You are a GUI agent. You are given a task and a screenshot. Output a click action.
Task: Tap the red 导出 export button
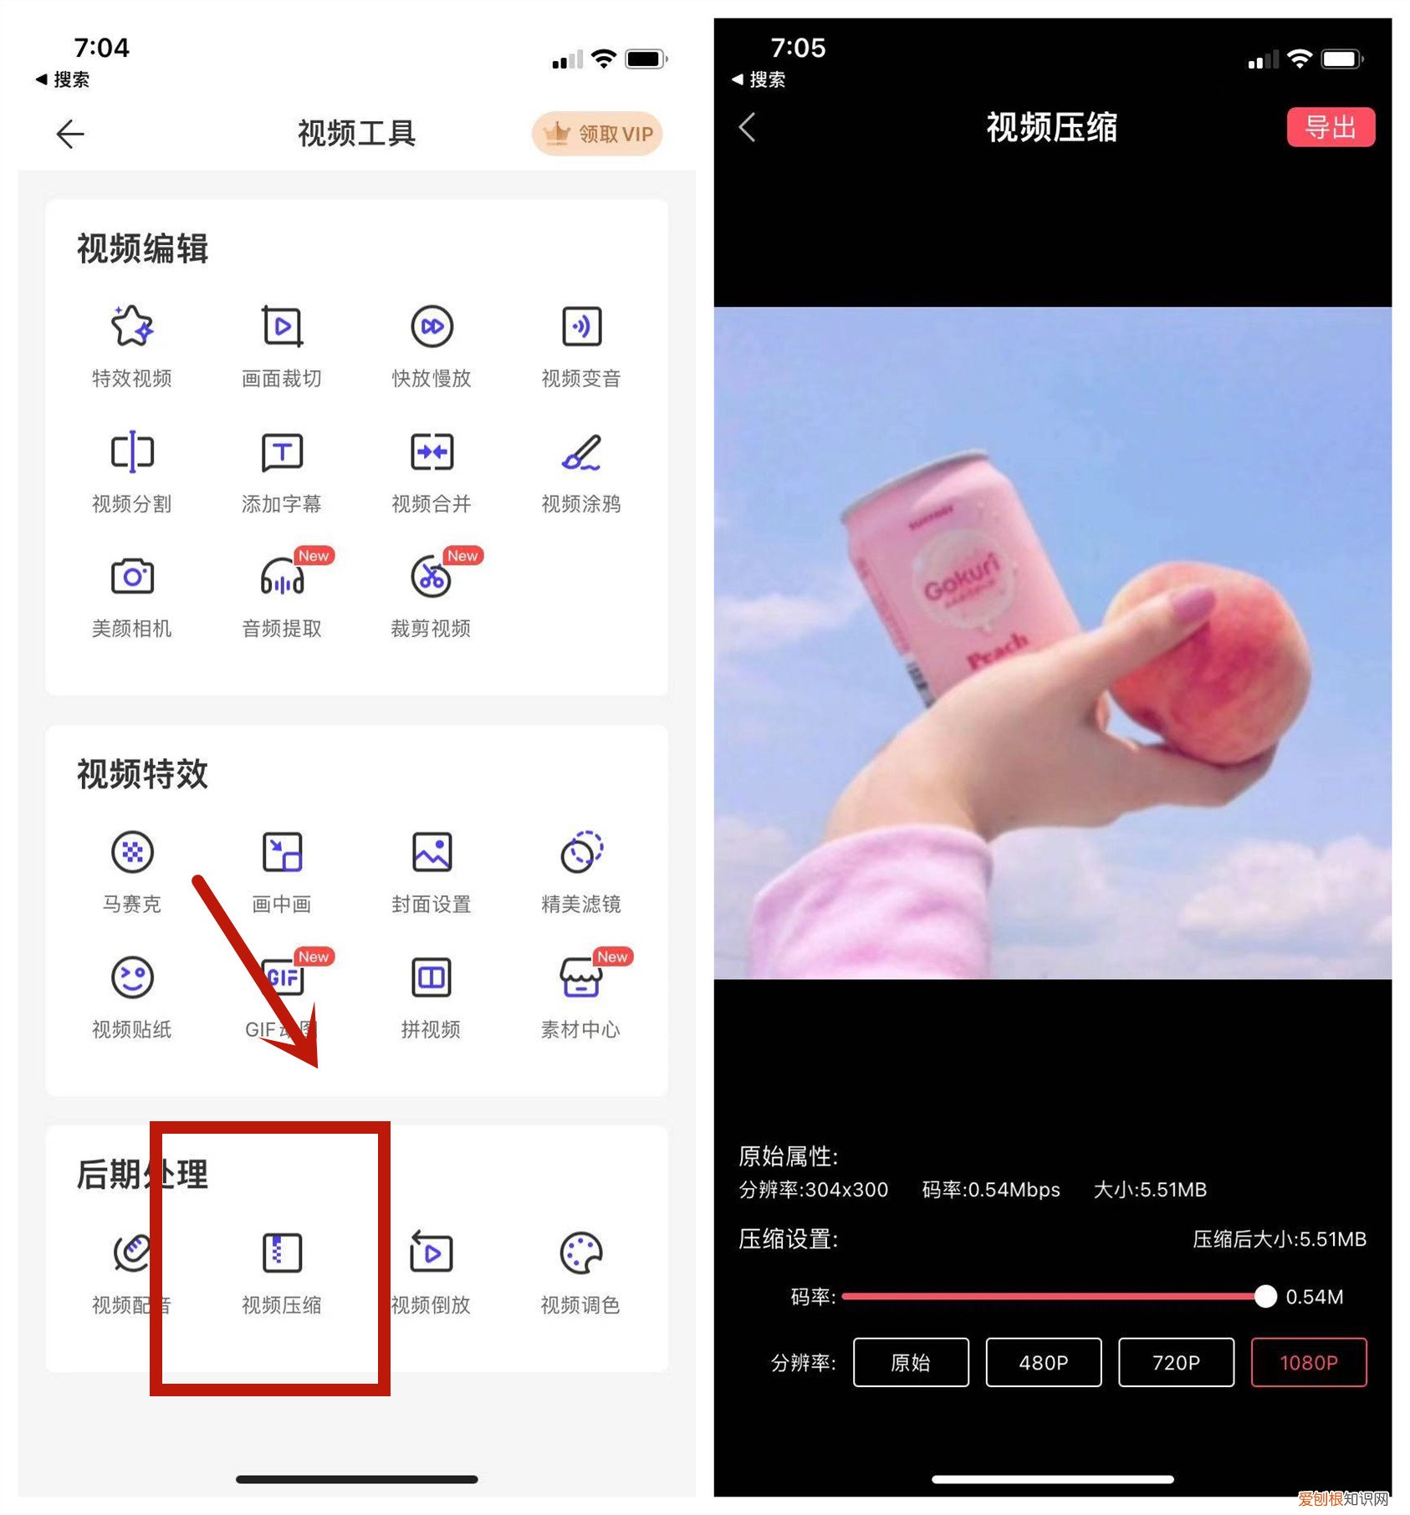(1330, 127)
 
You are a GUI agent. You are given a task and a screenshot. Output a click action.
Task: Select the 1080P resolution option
(1308, 1362)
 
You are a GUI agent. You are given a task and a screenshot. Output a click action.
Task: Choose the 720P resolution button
(1175, 1362)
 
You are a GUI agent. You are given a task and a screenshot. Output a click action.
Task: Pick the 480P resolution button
(1043, 1362)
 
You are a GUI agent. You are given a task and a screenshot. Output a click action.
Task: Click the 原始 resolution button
(910, 1362)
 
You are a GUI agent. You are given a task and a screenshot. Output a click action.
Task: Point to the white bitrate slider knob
(1265, 1296)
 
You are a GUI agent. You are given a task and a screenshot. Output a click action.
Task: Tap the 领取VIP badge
(597, 134)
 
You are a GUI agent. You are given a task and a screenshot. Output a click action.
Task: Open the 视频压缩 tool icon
(282, 1252)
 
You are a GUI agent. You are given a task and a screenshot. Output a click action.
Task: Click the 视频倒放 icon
(431, 1252)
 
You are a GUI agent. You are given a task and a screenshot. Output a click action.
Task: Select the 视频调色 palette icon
(580, 1252)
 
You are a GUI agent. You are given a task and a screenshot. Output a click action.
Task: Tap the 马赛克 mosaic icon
(132, 852)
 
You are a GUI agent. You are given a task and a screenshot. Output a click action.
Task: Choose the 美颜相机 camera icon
(132, 577)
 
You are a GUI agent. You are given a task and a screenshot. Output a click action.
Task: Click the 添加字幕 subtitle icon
(282, 452)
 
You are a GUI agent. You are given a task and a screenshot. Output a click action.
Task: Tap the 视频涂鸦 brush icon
(581, 452)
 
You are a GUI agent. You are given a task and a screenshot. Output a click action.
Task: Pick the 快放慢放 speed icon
(432, 326)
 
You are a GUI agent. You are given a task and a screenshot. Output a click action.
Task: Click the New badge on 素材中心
(612, 956)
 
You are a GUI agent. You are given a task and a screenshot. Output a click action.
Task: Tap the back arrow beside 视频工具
(70, 134)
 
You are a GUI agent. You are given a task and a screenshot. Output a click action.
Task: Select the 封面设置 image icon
(432, 852)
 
